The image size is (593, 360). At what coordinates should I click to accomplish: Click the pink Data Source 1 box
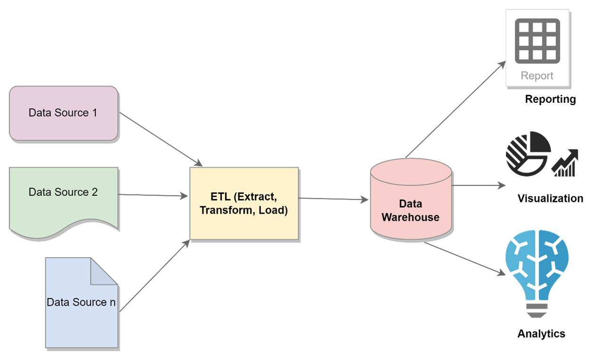click(63, 113)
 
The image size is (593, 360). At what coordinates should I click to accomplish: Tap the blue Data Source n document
click(81, 311)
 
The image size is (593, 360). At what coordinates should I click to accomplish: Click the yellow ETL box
click(243, 203)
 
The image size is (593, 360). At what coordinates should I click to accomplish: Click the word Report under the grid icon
click(537, 76)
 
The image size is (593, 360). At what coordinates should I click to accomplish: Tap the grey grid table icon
click(537, 41)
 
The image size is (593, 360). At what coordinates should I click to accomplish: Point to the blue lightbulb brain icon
click(537, 267)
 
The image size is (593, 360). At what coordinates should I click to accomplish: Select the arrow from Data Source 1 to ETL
click(160, 139)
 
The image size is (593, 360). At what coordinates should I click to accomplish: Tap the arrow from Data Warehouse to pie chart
click(478, 185)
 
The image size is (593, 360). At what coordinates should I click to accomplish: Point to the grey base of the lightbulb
click(537, 309)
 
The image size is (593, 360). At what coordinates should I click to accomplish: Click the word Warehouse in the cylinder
click(410, 217)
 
